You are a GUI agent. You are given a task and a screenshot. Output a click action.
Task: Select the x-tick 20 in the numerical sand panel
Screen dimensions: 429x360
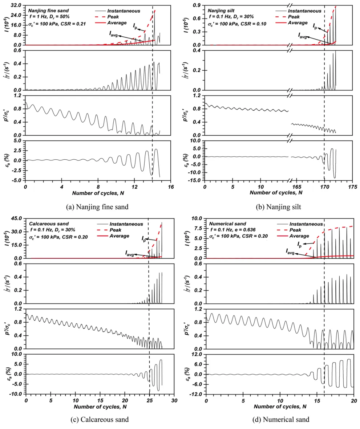click(354, 399)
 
